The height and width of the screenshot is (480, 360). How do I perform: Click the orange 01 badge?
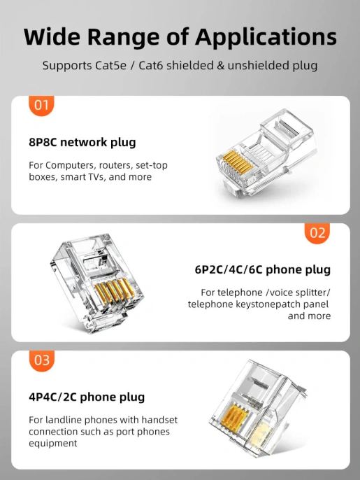pos(41,106)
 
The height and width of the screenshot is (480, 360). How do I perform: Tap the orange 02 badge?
pos(317,233)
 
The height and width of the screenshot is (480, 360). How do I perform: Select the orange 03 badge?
pos(41,360)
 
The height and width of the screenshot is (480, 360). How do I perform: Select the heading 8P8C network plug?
pos(82,143)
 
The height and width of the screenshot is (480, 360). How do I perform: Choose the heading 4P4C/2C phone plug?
pos(87,397)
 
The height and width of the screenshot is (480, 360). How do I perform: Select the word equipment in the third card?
pos(53,444)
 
